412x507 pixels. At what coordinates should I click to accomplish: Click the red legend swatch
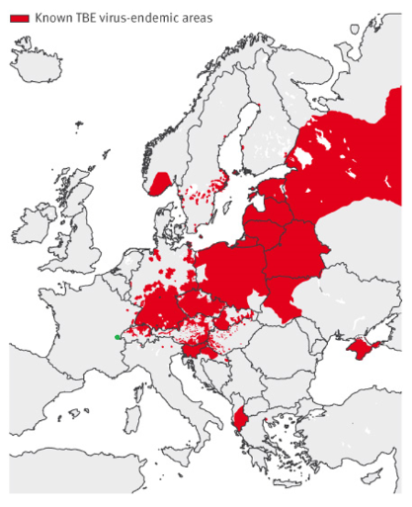[x=19, y=18]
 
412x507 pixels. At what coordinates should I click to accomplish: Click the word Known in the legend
[x=51, y=18]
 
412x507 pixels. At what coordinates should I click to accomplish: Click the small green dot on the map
[x=118, y=337]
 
